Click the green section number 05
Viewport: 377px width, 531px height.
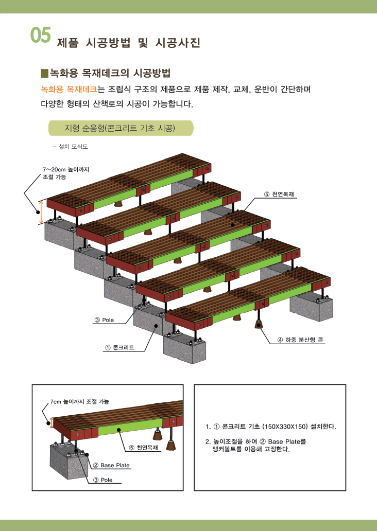(x=41, y=35)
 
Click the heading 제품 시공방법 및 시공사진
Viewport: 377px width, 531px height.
(x=128, y=43)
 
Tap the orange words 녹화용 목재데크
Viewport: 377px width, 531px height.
(x=69, y=90)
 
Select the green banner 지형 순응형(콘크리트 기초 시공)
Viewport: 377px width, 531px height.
(x=121, y=128)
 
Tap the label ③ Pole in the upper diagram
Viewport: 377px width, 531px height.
(x=104, y=320)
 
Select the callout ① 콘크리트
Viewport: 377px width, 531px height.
(x=119, y=347)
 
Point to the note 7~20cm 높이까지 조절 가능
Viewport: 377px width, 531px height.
(x=66, y=173)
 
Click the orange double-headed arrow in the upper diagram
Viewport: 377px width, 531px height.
(x=41, y=213)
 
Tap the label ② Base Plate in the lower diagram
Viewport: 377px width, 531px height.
(x=111, y=465)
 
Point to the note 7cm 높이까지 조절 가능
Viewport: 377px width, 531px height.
(x=80, y=402)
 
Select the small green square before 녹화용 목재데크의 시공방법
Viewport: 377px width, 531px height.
(x=45, y=73)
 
